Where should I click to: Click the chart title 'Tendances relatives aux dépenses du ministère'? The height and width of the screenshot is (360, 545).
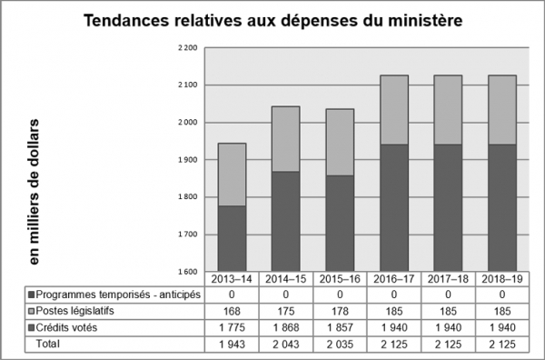272,20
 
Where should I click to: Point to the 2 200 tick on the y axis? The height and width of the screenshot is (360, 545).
188,47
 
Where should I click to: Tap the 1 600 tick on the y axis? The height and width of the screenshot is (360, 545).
188,272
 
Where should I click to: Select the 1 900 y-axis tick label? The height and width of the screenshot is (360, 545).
188,159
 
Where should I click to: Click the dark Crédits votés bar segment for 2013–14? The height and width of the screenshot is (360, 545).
232,238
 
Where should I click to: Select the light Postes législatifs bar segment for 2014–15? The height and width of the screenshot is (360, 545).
286,139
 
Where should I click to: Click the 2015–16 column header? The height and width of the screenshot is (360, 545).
338,279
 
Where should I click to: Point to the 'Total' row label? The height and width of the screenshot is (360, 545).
47,345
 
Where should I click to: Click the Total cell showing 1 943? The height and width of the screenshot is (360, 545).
232,345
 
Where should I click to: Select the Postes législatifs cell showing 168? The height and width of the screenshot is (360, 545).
232,312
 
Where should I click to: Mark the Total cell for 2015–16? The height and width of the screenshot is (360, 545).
338,345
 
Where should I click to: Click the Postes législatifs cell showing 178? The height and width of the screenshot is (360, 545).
338,312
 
